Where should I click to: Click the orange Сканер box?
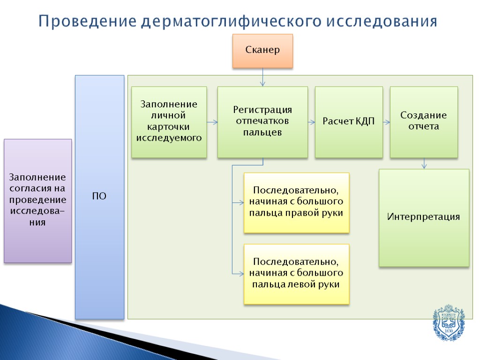(x=262, y=51)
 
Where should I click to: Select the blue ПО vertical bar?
(x=99, y=197)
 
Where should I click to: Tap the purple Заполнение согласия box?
(x=38, y=200)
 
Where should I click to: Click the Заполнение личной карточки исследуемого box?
(x=169, y=122)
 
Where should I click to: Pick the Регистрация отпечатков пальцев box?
(x=262, y=122)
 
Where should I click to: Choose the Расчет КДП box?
(x=349, y=122)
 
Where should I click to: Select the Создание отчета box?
(x=424, y=122)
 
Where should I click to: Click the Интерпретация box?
(x=424, y=217)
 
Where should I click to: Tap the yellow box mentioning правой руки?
(x=296, y=202)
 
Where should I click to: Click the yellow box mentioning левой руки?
(x=296, y=274)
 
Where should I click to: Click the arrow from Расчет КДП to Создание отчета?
(x=387, y=122)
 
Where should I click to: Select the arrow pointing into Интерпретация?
(x=424, y=163)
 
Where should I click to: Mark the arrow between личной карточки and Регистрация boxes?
(x=212, y=122)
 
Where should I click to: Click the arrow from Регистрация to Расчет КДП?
(x=311, y=122)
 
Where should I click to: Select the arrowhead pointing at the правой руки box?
(x=241, y=202)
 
